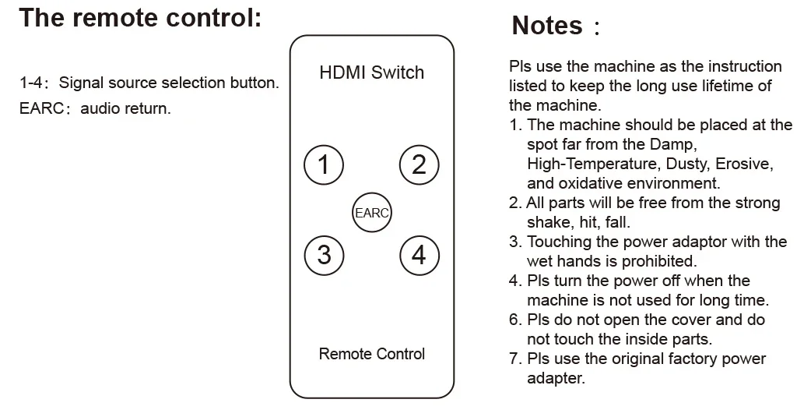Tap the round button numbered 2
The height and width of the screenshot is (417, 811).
click(419, 164)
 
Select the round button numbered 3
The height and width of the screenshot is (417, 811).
click(324, 254)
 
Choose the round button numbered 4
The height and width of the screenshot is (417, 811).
click(419, 254)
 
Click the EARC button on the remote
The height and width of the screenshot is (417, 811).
click(371, 212)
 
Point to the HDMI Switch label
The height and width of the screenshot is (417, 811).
click(371, 72)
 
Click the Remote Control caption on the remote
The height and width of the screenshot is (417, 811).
click(371, 354)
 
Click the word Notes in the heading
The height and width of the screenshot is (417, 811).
click(547, 25)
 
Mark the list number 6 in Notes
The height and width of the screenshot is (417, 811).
click(514, 320)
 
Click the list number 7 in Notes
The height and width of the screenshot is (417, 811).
click(514, 359)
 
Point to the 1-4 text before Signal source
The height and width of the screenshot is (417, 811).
click(32, 83)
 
